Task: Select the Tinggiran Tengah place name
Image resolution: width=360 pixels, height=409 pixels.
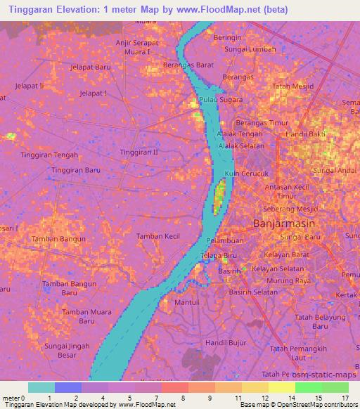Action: coord(49,155)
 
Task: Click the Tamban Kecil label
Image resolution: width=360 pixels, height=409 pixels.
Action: coord(158,236)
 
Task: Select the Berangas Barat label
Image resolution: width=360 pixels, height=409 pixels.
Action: coord(188,64)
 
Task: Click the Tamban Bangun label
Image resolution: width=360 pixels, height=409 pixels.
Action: coord(59,239)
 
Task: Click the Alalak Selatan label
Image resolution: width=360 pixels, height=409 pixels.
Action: coord(241,145)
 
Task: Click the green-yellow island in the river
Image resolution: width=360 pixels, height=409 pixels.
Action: coord(219,193)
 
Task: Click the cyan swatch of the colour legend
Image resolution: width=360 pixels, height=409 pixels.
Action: coord(41,387)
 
